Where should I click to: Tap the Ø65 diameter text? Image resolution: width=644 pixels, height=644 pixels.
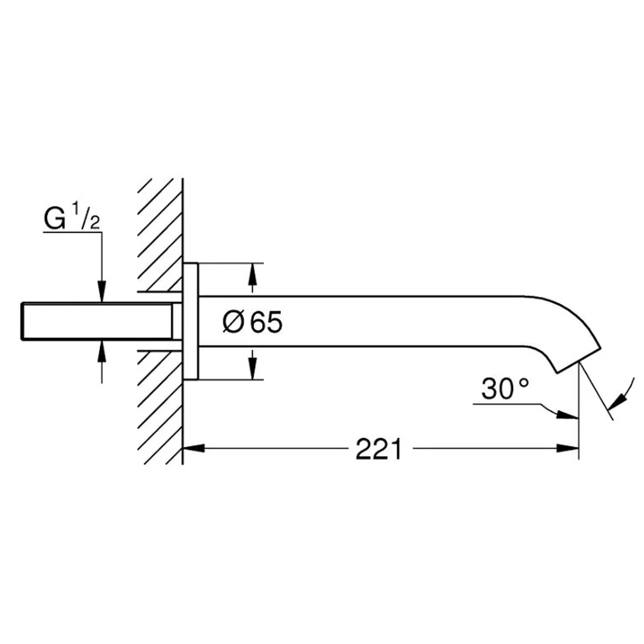(252, 321)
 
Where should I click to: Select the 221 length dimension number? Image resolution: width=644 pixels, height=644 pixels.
(378, 449)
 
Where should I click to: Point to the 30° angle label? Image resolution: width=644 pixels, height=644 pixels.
(505, 389)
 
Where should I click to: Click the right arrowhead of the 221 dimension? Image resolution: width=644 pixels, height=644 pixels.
(567, 448)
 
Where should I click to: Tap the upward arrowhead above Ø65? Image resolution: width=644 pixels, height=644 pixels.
(252, 274)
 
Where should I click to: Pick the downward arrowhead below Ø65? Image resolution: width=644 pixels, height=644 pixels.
(252, 368)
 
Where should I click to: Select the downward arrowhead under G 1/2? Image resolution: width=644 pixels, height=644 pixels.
(102, 292)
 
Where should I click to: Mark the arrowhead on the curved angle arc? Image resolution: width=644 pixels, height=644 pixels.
(618, 402)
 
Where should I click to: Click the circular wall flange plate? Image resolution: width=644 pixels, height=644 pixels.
(191, 321)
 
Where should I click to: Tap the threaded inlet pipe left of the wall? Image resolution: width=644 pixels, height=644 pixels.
(97, 321)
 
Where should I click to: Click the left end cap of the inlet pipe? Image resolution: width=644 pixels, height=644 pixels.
(22, 321)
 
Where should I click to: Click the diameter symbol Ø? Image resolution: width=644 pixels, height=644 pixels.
(233, 321)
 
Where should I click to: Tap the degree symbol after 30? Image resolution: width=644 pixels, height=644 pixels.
(524, 383)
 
